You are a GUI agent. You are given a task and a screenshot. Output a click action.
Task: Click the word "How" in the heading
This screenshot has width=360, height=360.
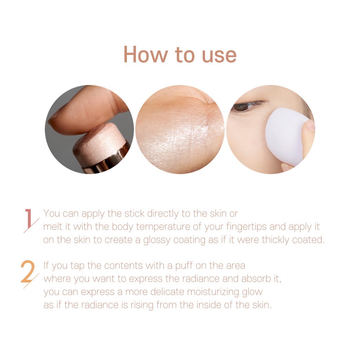146,54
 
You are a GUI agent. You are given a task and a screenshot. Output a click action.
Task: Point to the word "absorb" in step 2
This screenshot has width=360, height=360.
256,279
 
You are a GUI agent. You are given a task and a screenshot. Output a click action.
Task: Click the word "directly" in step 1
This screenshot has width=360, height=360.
163,214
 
